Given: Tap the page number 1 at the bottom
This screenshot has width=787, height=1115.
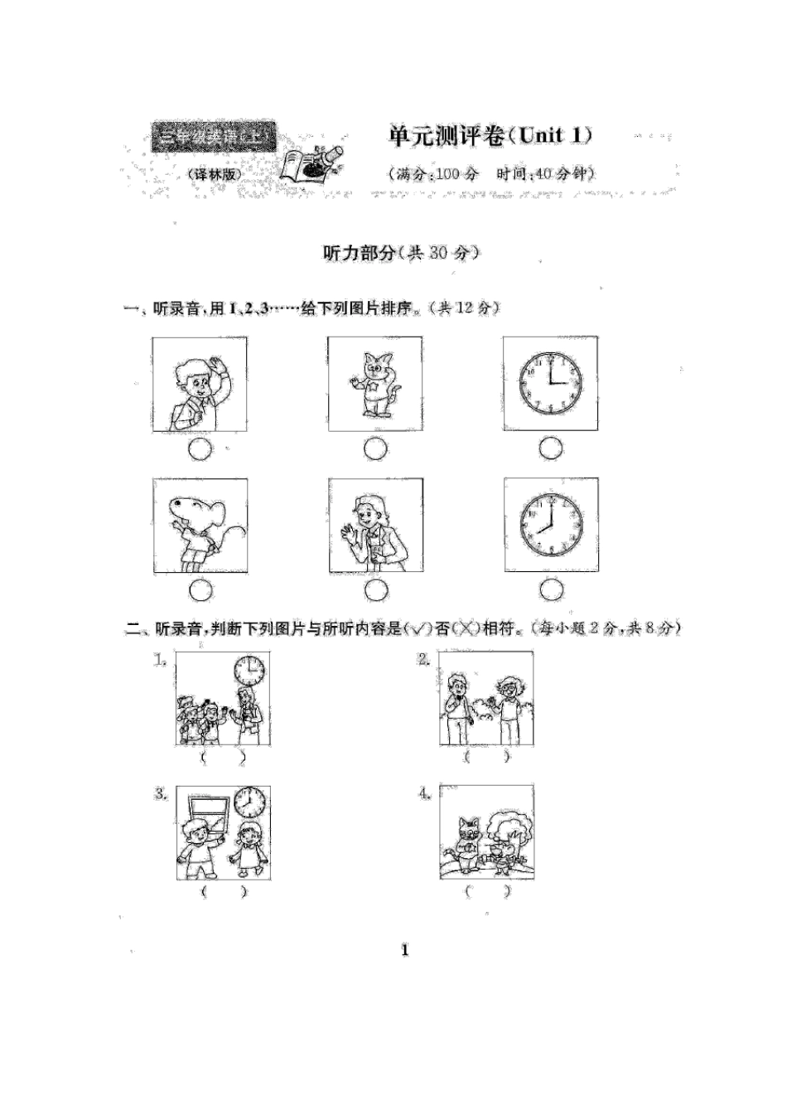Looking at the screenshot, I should click(404, 950).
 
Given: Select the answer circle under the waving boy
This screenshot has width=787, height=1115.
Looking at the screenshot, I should click(200, 449).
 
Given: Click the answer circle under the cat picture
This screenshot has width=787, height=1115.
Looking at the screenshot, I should click(375, 449).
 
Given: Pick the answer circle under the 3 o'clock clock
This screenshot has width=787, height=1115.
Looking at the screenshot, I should click(551, 449).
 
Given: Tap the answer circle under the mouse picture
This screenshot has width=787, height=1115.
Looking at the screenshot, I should click(200, 590).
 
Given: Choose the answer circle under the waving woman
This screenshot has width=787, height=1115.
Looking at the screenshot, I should click(375, 590).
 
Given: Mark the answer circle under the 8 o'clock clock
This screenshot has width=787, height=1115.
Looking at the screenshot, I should click(551, 590).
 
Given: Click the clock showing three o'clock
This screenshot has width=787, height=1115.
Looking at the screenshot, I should click(550, 383).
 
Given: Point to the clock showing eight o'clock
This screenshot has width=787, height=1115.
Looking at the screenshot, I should click(551, 526).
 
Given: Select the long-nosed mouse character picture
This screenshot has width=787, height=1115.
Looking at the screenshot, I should click(200, 526).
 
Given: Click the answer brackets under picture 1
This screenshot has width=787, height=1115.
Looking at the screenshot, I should click(222, 758).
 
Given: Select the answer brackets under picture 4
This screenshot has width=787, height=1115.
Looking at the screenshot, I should click(486, 892).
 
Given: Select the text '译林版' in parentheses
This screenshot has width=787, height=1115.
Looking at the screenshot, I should click(213, 174).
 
